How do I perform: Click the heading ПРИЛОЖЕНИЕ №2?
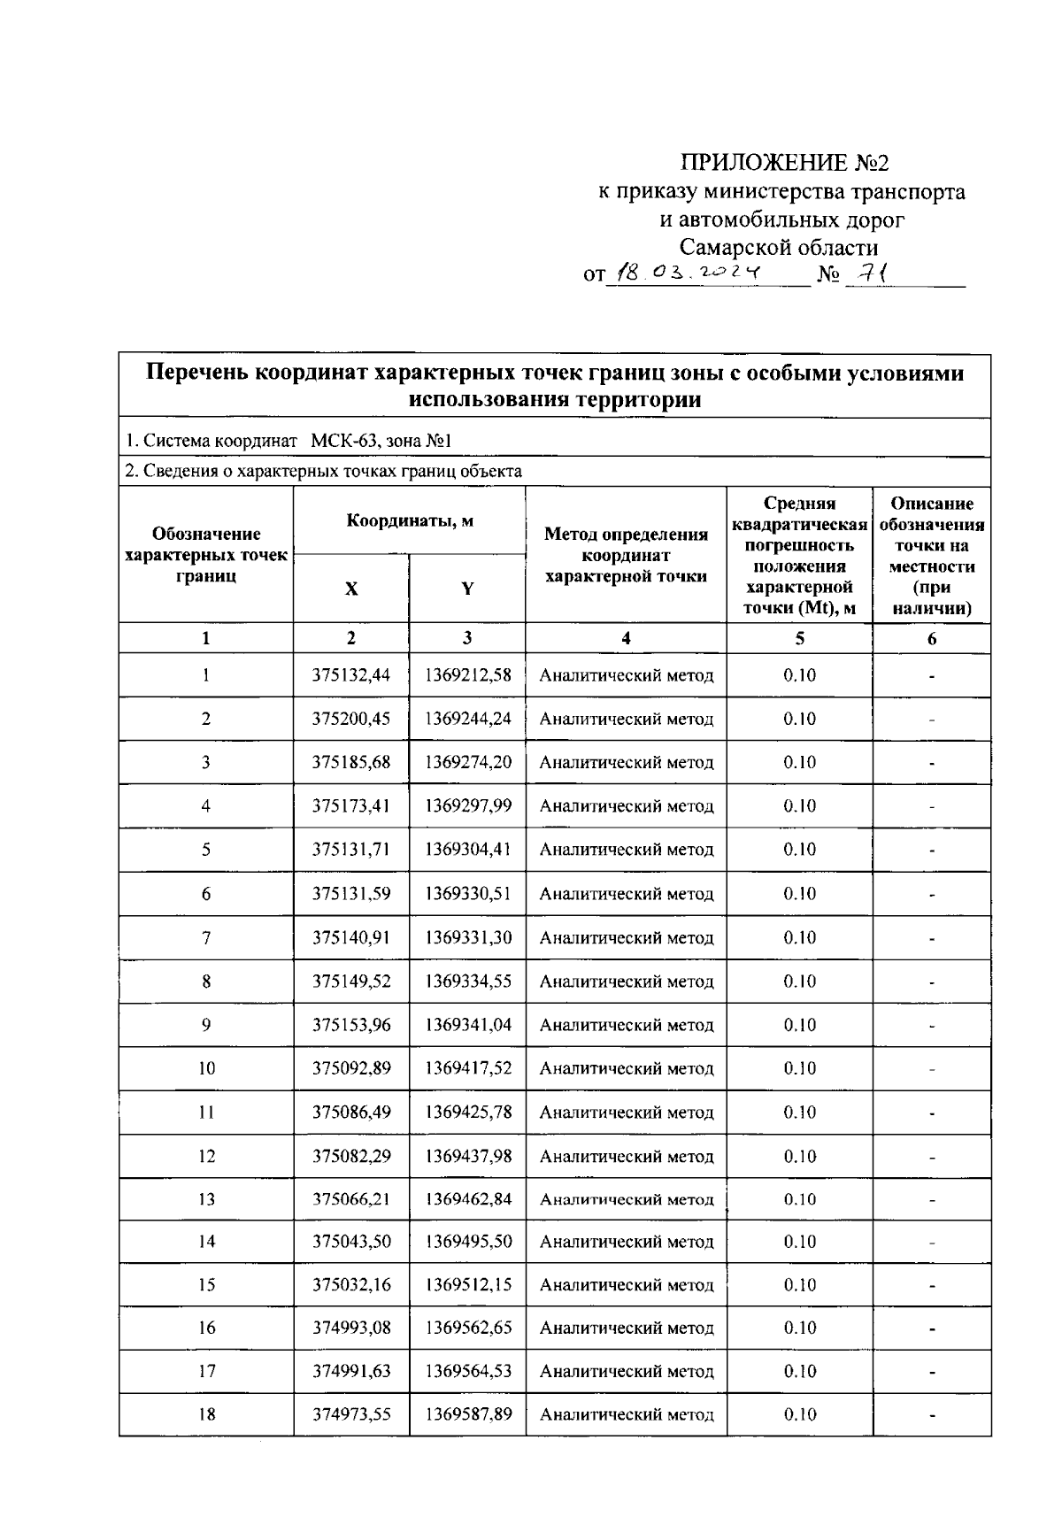tap(783, 163)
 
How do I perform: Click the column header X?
tap(351, 589)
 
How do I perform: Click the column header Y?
tap(467, 589)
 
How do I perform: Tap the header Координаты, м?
tap(409, 521)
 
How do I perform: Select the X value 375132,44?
tap(351, 675)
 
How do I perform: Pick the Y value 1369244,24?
tap(468, 719)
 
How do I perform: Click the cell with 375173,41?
tap(351, 805)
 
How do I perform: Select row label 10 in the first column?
tap(206, 1068)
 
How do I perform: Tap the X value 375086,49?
tap(351, 1112)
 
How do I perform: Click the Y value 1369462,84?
tap(468, 1199)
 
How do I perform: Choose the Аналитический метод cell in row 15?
tap(627, 1285)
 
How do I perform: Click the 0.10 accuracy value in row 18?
tap(799, 1414)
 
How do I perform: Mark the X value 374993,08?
tap(351, 1328)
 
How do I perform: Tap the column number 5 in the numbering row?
tap(799, 638)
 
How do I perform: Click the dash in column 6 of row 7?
tap(932, 938)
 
